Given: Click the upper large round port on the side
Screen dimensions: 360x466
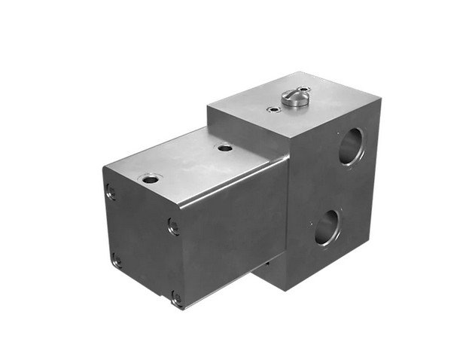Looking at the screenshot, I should point(350,145).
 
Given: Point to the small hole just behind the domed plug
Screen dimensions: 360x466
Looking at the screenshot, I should point(304,88).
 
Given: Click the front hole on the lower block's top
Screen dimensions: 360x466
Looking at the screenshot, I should point(150,178).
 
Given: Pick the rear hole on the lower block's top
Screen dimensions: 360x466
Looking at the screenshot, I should point(223,148).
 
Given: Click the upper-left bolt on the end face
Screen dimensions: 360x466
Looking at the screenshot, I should point(111,193).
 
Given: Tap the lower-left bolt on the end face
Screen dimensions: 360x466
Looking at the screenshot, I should point(116,261).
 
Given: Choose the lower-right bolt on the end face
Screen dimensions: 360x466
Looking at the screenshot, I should point(177,298).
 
